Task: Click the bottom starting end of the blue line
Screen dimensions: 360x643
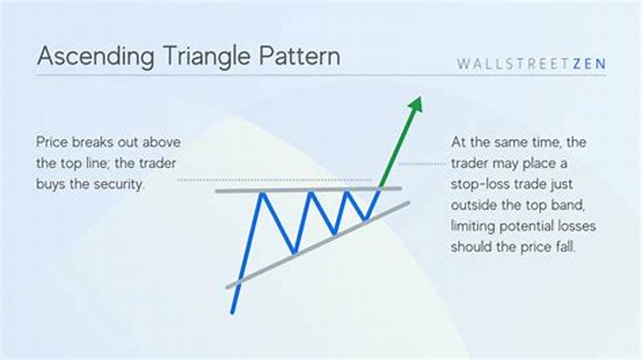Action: tap(232, 312)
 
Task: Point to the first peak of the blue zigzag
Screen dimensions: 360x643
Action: tap(262, 193)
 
